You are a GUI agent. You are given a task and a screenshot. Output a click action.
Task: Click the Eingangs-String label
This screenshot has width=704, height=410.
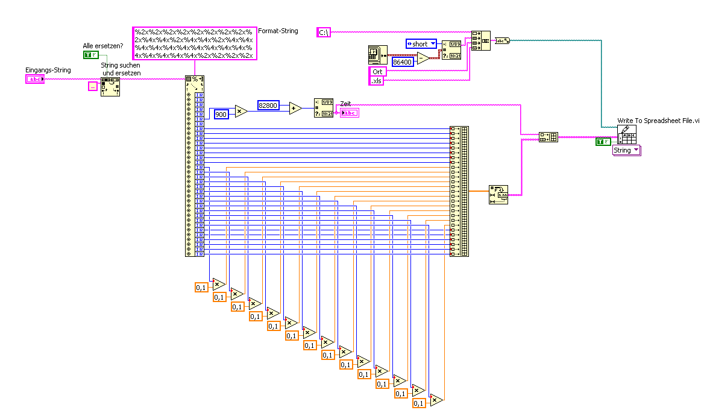pyautogui.click(x=48, y=70)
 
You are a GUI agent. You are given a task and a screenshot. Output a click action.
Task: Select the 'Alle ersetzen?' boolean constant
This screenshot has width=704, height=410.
pyautogui.click(x=90, y=55)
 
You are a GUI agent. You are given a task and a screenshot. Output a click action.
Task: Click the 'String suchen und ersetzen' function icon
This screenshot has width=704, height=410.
pyautogui.click(x=110, y=86)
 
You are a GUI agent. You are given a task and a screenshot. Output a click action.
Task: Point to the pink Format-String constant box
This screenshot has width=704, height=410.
pyautogui.click(x=194, y=43)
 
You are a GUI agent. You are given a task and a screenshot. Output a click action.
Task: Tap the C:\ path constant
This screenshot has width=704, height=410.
pyautogui.click(x=324, y=33)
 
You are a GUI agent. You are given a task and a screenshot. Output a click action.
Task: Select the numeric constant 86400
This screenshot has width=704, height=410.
pyautogui.click(x=402, y=61)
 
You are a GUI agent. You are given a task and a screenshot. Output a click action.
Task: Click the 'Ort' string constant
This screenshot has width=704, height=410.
pyautogui.click(x=377, y=72)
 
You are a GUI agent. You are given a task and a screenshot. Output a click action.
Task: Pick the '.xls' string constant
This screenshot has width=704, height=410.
pyautogui.click(x=376, y=81)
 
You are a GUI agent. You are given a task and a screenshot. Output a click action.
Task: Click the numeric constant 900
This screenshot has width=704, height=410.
pyautogui.click(x=221, y=114)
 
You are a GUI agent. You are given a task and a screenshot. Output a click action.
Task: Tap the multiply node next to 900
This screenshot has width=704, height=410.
pyautogui.click(x=241, y=111)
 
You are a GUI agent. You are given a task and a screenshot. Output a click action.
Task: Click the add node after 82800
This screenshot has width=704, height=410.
pyautogui.click(x=295, y=108)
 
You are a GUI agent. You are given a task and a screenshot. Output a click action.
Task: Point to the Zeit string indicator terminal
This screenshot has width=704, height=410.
pyautogui.click(x=349, y=112)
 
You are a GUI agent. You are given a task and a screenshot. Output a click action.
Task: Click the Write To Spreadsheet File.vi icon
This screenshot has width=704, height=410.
pyautogui.click(x=626, y=134)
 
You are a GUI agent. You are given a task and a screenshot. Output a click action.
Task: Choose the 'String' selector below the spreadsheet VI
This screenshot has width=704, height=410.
pyautogui.click(x=626, y=150)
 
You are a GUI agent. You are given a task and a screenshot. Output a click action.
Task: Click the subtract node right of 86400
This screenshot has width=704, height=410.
pyautogui.click(x=423, y=58)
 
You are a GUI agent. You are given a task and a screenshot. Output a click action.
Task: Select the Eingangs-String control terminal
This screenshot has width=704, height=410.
pyautogui.click(x=34, y=79)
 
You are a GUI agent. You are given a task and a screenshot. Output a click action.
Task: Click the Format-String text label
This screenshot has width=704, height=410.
pyautogui.click(x=278, y=31)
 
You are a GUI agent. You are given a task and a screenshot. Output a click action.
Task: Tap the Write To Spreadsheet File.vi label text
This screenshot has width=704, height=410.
pyautogui.click(x=658, y=121)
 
